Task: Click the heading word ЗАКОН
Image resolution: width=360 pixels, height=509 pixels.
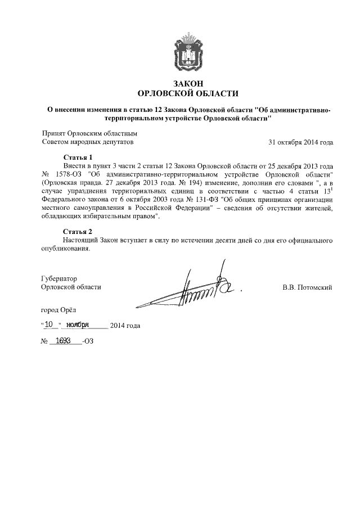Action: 188,83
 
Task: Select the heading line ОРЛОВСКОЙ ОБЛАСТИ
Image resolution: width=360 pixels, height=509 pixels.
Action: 188,93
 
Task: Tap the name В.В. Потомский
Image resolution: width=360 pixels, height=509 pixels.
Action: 307,287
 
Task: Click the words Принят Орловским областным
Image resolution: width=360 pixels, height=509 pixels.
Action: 89,134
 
